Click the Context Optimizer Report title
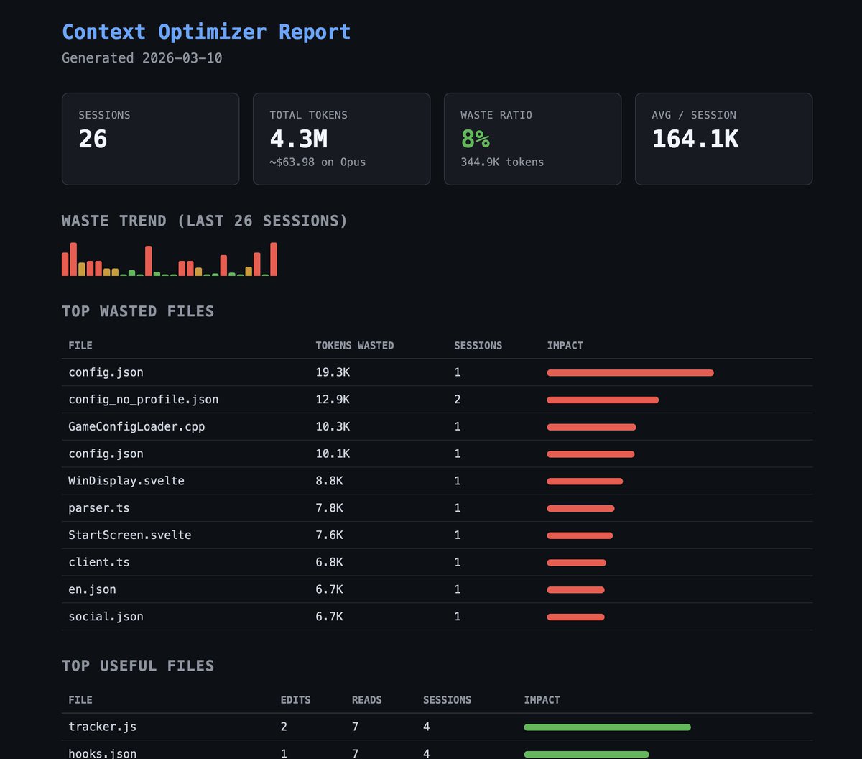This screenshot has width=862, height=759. (x=206, y=32)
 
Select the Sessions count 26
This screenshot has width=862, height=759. (x=93, y=139)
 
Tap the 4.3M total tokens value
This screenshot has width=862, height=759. (x=298, y=139)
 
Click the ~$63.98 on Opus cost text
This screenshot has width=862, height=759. (x=318, y=162)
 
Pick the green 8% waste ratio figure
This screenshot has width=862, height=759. (x=475, y=139)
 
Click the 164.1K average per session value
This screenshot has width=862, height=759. (x=695, y=139)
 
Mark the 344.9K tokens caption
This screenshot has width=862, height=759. (x=502, y=162)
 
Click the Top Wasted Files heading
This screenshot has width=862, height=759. (x=138, y=311)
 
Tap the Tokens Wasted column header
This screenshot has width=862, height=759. (x=354, y=346)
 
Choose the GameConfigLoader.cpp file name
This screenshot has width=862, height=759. (x=136, y=427)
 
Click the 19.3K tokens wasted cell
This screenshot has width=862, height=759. (x=333, y=372)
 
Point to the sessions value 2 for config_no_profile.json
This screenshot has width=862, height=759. (x=458, y=400)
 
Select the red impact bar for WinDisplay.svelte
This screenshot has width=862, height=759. (x=585, y=482)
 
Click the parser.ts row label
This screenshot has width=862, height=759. (x=99, y=508)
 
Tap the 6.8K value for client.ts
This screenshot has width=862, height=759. (x=329, y=562)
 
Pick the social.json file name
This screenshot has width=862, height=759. (x=106, y=617)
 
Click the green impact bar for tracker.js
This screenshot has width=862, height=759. (x=607, y=727)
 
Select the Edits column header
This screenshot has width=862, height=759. (x=295, y=700)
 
